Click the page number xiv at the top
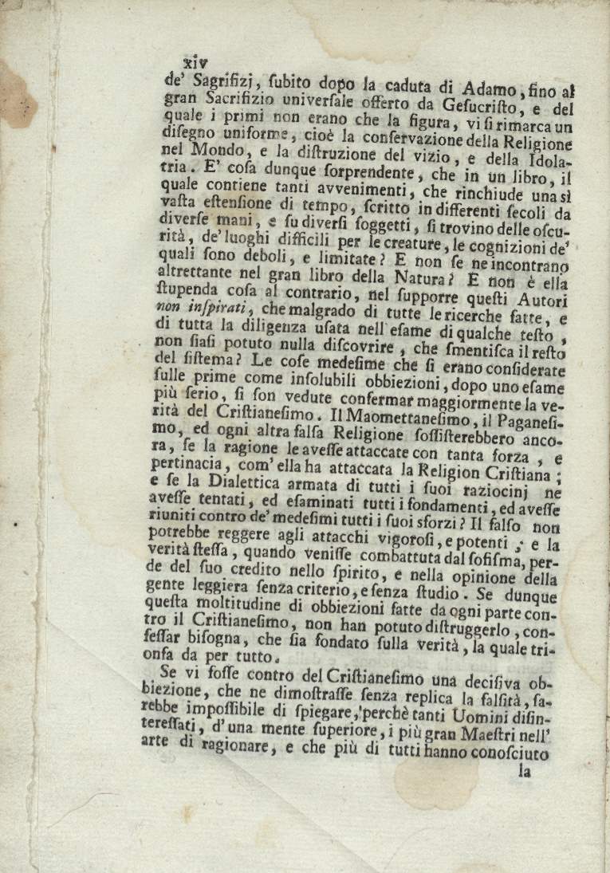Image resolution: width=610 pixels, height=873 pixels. [195, 61]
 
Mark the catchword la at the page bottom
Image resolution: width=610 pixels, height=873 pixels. [525, 771]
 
